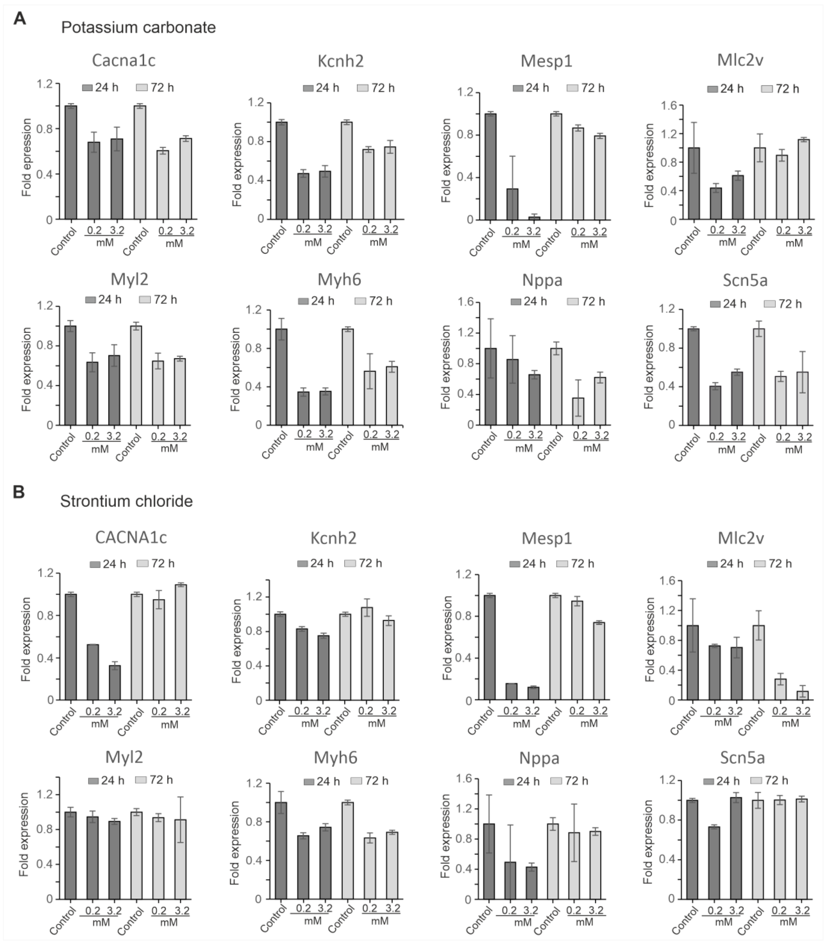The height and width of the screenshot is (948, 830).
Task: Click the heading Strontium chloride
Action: point(126,501)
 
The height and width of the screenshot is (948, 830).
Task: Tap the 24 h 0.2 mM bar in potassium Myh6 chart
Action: point(303,408)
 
